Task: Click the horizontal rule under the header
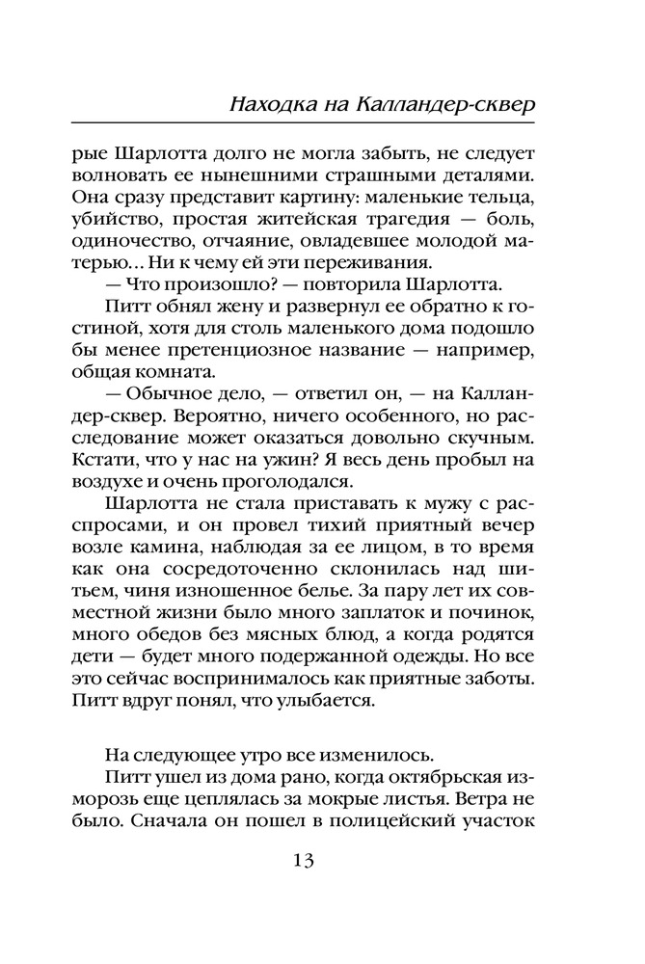323,123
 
